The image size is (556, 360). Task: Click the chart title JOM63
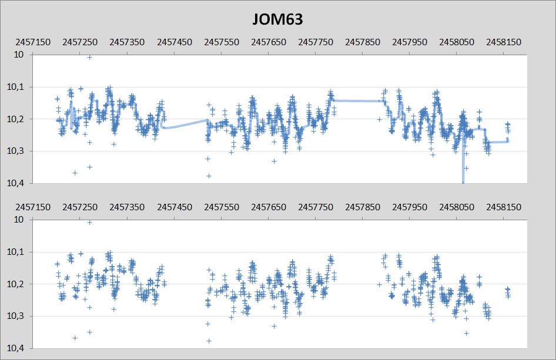277,20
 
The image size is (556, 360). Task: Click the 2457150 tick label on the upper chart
34,43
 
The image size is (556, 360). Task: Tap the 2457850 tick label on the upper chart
363,43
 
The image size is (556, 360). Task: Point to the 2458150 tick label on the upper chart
504,43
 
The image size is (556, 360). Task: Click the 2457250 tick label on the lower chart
81,208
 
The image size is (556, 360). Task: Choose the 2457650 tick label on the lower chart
269,208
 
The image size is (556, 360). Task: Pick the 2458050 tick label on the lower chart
457,208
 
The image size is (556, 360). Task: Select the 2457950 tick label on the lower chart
410,208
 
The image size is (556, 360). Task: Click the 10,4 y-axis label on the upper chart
17,184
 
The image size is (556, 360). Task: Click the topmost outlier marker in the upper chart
89,57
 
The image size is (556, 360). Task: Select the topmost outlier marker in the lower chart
89,222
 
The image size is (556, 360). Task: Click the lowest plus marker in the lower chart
209,341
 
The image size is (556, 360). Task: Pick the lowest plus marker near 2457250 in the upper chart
75,173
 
